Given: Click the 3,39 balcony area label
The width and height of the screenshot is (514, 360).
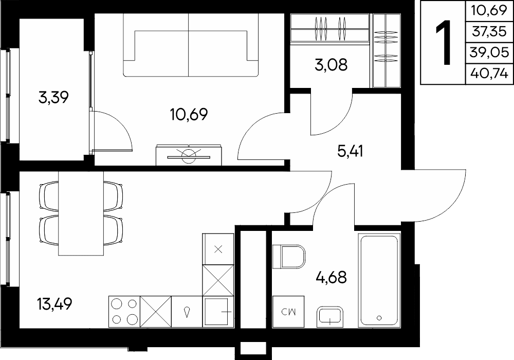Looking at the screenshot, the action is tap(53, 97).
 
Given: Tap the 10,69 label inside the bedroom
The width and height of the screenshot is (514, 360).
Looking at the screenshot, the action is tap(189, 114).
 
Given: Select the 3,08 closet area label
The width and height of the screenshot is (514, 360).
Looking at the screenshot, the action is tap(331, 65).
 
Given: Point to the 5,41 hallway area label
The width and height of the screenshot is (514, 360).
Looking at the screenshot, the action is tap(350, 151).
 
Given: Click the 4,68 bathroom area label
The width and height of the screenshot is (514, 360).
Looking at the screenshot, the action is tap(331, 277).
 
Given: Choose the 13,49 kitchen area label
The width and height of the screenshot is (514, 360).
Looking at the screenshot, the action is tap(54, 304).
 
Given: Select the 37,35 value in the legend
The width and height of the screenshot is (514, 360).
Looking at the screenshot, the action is tap(489, 31).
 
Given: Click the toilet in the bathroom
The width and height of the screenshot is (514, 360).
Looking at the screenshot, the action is tap(289, 257).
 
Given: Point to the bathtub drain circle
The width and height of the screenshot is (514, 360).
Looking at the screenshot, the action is tap(379, 317).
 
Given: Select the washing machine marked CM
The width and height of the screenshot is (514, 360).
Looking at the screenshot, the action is tap(288, 312).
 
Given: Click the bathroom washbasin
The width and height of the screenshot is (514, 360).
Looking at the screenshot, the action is tap(330, 317).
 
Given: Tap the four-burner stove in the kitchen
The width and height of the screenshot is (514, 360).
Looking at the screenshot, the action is tap(124, 312).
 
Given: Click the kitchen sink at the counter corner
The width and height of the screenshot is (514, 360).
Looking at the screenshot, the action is tap(218, 312).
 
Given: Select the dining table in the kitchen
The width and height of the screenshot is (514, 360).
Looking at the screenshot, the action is tap(81, 213).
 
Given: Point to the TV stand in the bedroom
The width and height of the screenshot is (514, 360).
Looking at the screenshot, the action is tap(189, 155).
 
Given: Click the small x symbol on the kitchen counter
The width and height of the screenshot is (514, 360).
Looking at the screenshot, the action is tap(218, 249).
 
